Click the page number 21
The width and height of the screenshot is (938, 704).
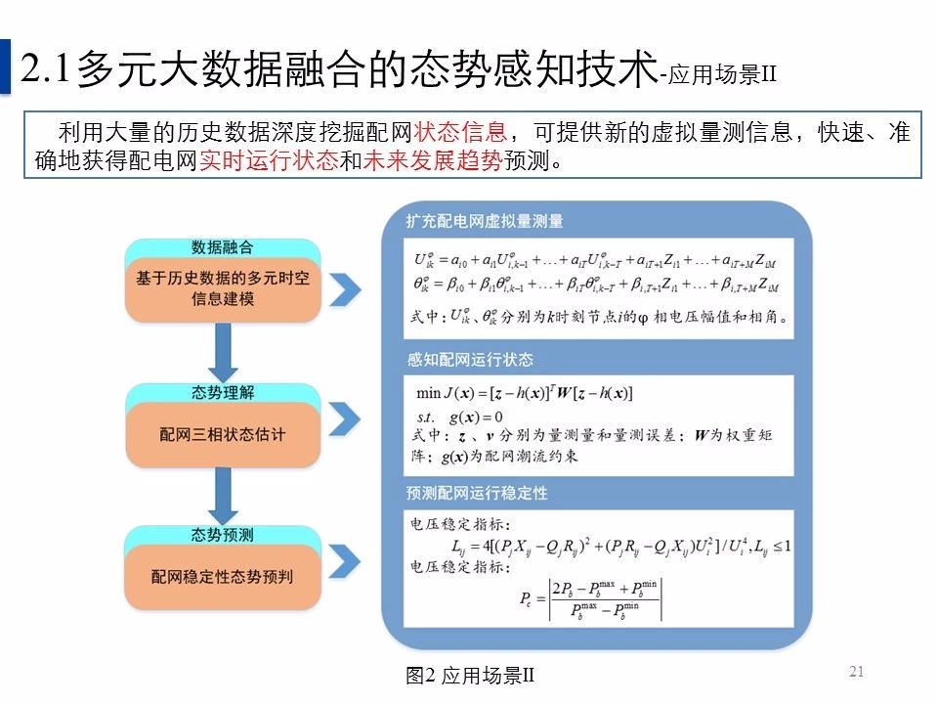coord(858,671)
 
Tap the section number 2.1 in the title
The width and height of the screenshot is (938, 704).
coord(46,68)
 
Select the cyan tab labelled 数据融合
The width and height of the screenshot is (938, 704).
coord(223,247)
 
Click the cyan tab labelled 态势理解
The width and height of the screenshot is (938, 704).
coord(223,392)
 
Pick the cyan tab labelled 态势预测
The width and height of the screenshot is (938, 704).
coord(223,535)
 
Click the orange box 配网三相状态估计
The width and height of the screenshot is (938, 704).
coord(223,434)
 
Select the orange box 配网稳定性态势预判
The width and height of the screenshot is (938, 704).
coord(223,578)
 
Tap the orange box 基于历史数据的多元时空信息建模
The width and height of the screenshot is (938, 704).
coord(223,289)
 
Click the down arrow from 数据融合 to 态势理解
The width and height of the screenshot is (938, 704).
coord(224,352)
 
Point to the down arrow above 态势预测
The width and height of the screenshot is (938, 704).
coord(224,496)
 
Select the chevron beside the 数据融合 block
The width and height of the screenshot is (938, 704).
coord(343,289)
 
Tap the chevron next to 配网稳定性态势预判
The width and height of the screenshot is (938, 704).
coord(343,562)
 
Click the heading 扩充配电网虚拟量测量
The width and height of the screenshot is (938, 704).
coord(485,221)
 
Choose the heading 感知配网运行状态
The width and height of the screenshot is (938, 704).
coord(470,360)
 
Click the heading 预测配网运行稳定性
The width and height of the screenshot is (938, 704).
coord(477,494)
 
